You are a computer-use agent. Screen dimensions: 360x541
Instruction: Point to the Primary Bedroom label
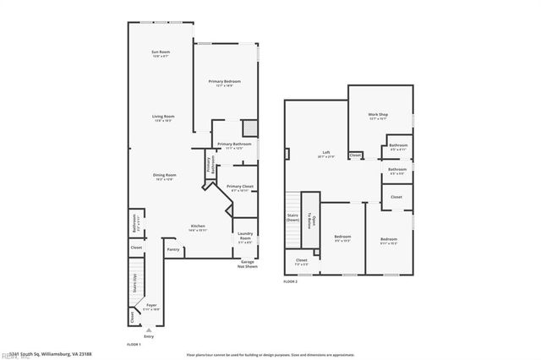226,81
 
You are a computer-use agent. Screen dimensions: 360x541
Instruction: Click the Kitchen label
198,226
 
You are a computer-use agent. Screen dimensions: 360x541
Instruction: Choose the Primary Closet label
240,186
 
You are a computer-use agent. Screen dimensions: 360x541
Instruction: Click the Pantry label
172,249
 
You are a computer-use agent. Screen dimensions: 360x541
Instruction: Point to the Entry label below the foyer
149,336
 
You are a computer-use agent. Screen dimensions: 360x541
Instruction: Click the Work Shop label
378,114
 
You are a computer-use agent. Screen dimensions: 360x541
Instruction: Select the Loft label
325,154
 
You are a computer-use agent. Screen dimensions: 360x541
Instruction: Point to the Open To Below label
313,222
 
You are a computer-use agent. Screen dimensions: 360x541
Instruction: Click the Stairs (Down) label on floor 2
292,217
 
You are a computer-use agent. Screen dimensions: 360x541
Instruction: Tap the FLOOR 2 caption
291,281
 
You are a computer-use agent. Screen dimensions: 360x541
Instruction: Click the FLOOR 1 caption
134,345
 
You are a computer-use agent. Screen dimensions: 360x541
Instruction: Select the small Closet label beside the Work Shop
355,155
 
